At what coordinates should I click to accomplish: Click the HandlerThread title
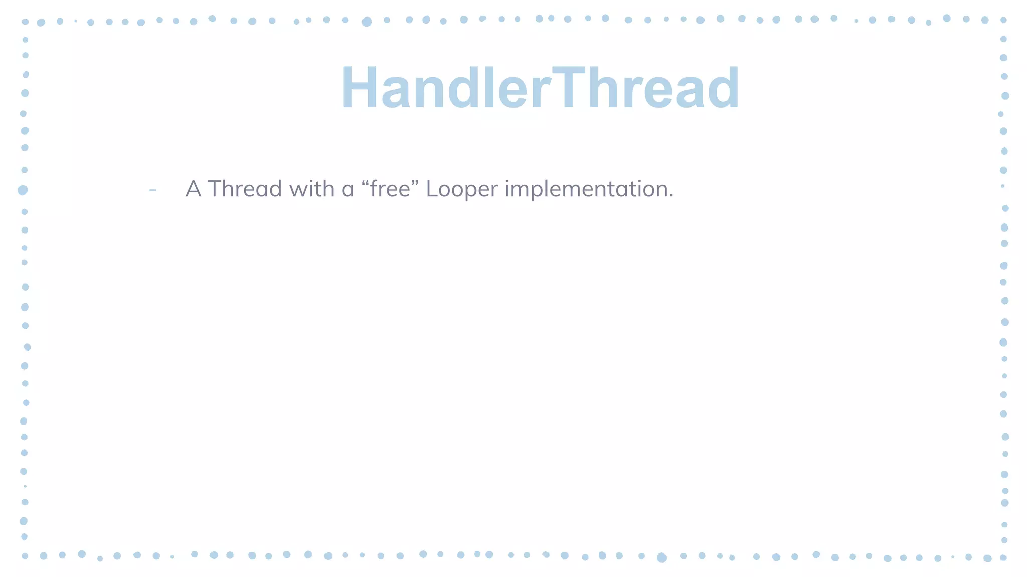(540, 89)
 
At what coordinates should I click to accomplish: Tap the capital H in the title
(360, 89)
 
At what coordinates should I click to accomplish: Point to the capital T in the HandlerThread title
(572, 89)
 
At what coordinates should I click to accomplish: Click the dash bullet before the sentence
(153, 190)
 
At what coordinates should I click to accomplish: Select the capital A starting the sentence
(193, 189)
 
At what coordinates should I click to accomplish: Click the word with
(306, 189)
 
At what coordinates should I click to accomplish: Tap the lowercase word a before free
(348, 191)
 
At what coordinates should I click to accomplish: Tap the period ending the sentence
(671, 196)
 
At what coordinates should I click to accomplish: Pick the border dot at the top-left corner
(25, 22)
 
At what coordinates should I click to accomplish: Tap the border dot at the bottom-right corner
(1003, 557)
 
